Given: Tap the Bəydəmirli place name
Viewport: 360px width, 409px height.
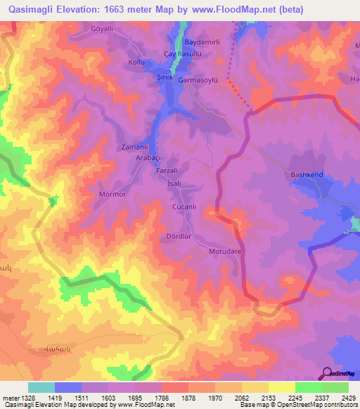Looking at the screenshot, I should tap(202, 43).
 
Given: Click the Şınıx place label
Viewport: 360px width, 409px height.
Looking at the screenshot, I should tap(164, 78).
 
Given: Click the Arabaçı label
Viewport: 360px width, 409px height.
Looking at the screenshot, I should tap(139, 158).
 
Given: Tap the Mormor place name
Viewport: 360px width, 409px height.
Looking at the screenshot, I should tap(112, 193).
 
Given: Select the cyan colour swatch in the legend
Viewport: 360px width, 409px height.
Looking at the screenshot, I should tap(41, 387).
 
